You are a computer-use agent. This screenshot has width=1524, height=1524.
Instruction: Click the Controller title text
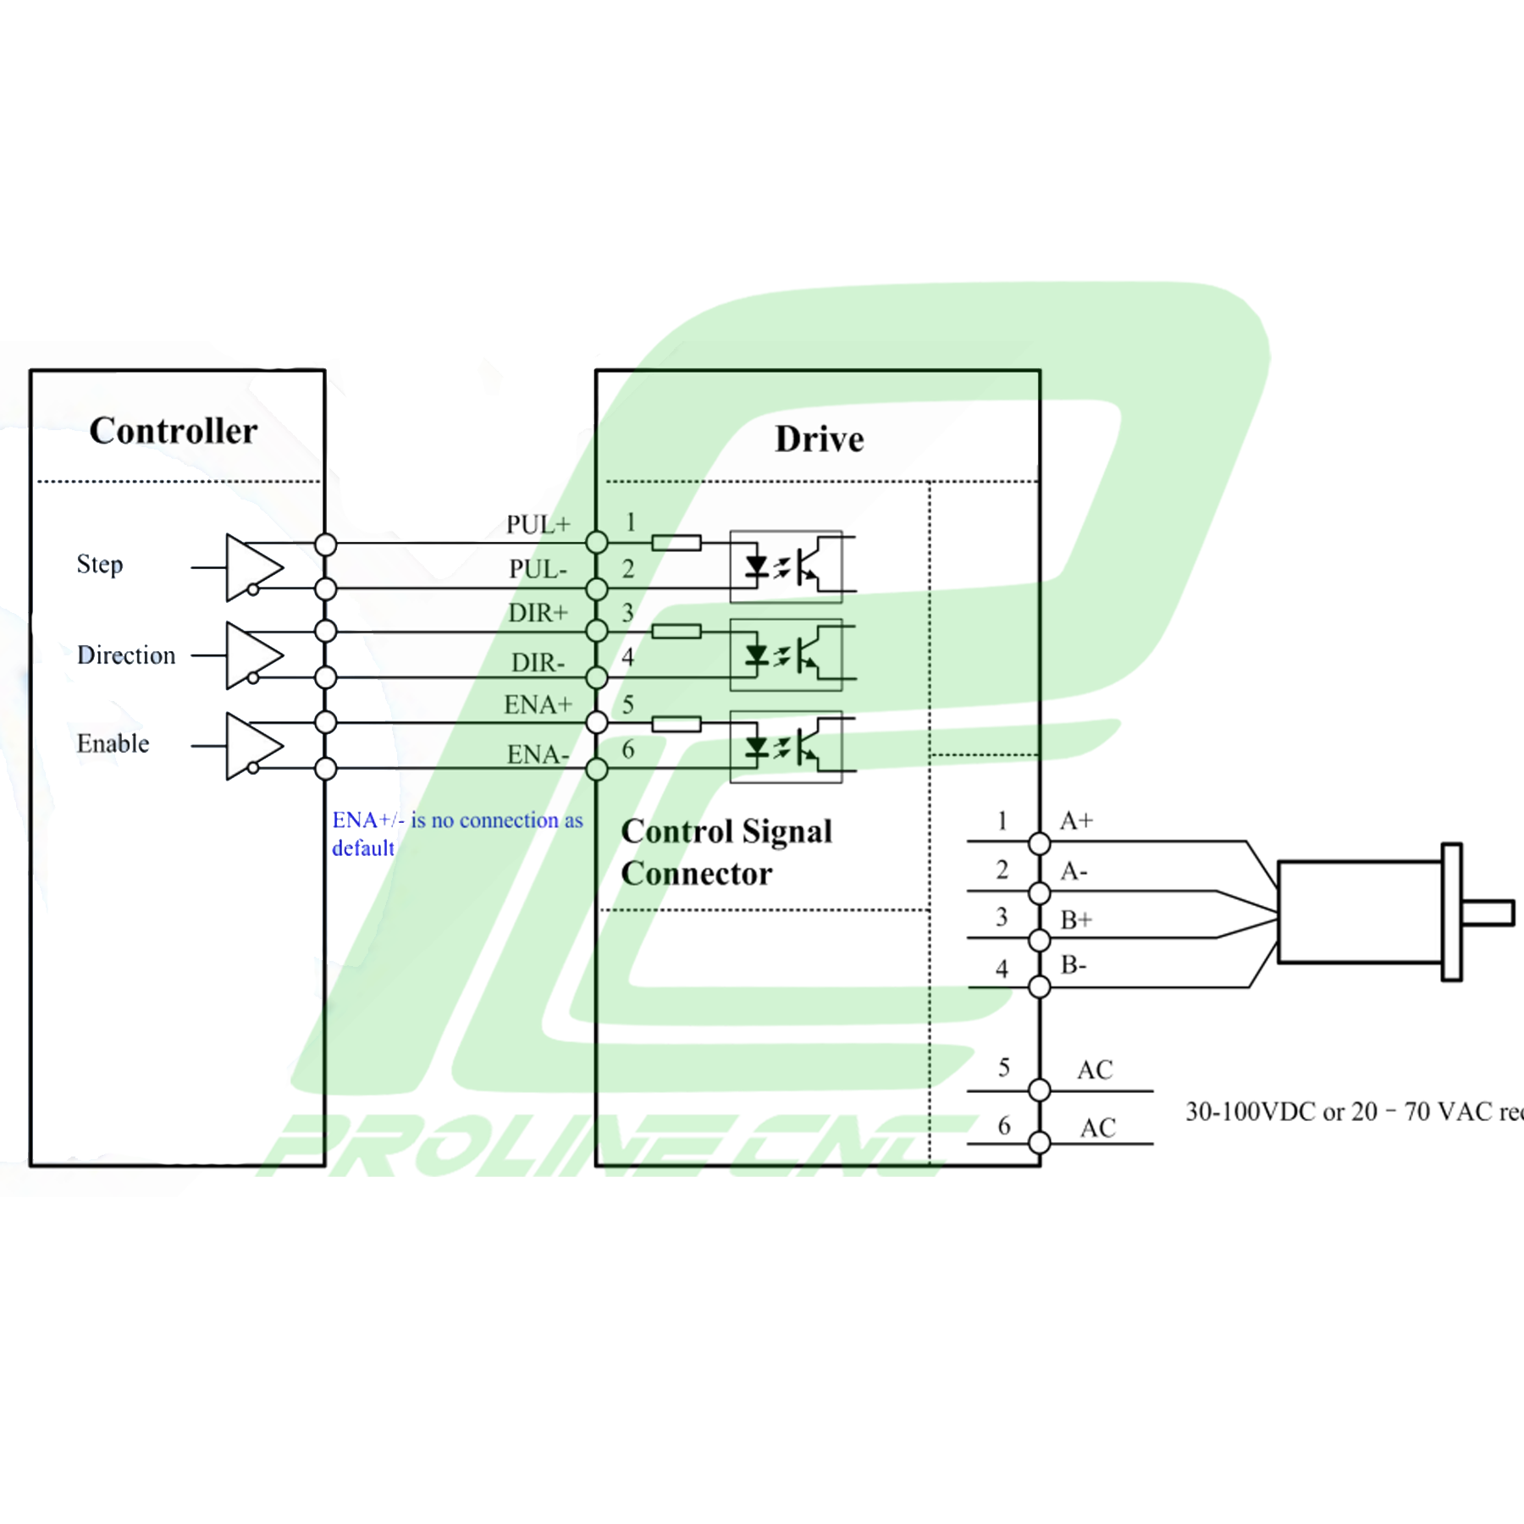point(174,431)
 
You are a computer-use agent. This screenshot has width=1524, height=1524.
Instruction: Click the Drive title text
point(819,439)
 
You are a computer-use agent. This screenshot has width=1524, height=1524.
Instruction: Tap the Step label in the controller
point(100,564)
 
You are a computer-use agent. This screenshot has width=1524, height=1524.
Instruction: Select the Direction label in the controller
point(126,655)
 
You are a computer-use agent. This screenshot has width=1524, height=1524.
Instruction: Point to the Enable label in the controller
point(113,743)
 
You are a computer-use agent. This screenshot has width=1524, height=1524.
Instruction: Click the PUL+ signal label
point(538,524)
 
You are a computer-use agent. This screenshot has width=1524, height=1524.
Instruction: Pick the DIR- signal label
point(538,662)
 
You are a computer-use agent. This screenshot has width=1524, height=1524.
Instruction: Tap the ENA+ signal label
point(538,704)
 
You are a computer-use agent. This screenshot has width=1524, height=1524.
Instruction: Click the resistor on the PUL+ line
point(676,543)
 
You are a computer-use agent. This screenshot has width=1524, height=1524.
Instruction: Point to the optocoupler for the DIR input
point(786,655)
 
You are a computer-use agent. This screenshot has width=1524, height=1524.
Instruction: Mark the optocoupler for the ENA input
point(786,747)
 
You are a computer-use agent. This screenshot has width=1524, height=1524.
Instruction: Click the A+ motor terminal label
point(1076,820)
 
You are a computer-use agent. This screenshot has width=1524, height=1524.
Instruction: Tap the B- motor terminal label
point(1074,964)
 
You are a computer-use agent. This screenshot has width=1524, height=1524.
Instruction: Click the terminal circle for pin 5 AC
point(1040,1091)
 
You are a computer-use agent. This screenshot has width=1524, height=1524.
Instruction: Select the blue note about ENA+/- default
point(457,833)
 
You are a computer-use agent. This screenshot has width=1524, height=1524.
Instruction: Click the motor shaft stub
point(1488,913)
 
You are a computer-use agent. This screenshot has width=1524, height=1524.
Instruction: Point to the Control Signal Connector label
point(726,852)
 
